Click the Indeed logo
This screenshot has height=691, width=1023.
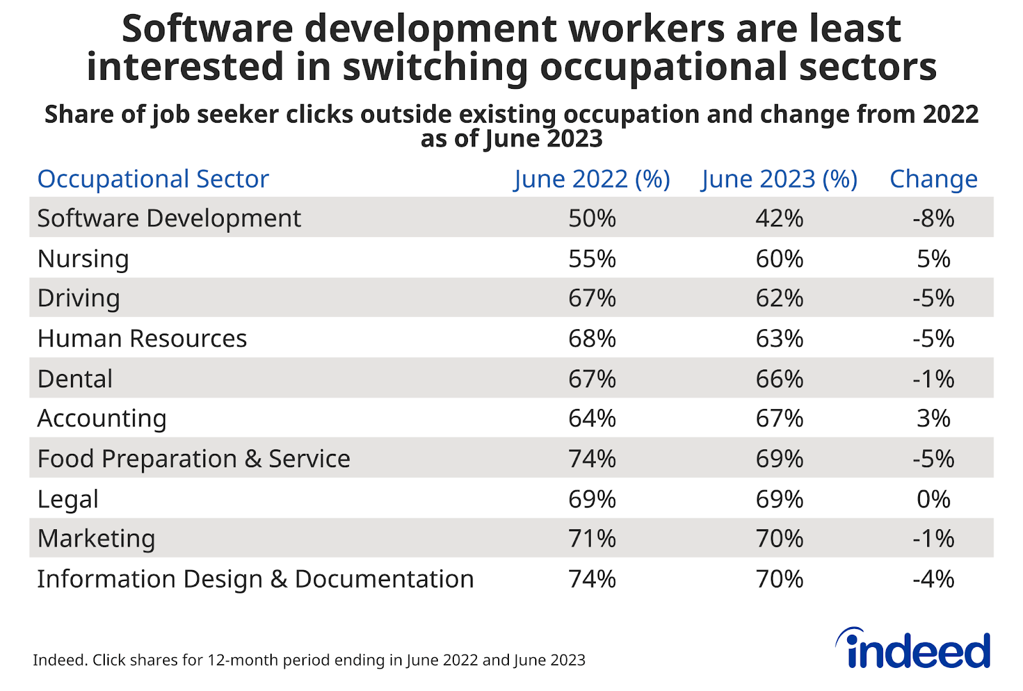[914, 649]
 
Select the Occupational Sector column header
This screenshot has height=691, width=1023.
[153, 179]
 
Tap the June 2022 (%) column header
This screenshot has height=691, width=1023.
[591, 179]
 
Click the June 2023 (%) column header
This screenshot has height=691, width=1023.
[779, 179]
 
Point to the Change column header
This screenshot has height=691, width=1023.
[933, 179]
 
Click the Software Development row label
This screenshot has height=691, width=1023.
[169, 219]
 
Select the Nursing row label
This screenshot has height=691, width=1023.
[83, 259]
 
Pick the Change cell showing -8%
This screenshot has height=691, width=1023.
[933, 219]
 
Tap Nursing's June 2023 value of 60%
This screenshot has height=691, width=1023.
[779, 259]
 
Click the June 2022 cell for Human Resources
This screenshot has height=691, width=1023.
[592, 339]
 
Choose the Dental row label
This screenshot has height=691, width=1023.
[75, 379]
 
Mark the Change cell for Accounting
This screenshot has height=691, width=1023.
[933, 419]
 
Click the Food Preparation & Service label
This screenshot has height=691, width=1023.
[194, 459]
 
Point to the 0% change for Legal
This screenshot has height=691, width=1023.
[933, 499]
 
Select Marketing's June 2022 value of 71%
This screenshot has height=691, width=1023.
[592, 539]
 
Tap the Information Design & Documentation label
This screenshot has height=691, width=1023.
[255, 579]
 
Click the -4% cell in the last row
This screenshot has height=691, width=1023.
[933, 579]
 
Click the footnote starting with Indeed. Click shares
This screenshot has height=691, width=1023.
[309, 660]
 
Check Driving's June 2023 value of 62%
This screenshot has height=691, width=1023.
[779, 299]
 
